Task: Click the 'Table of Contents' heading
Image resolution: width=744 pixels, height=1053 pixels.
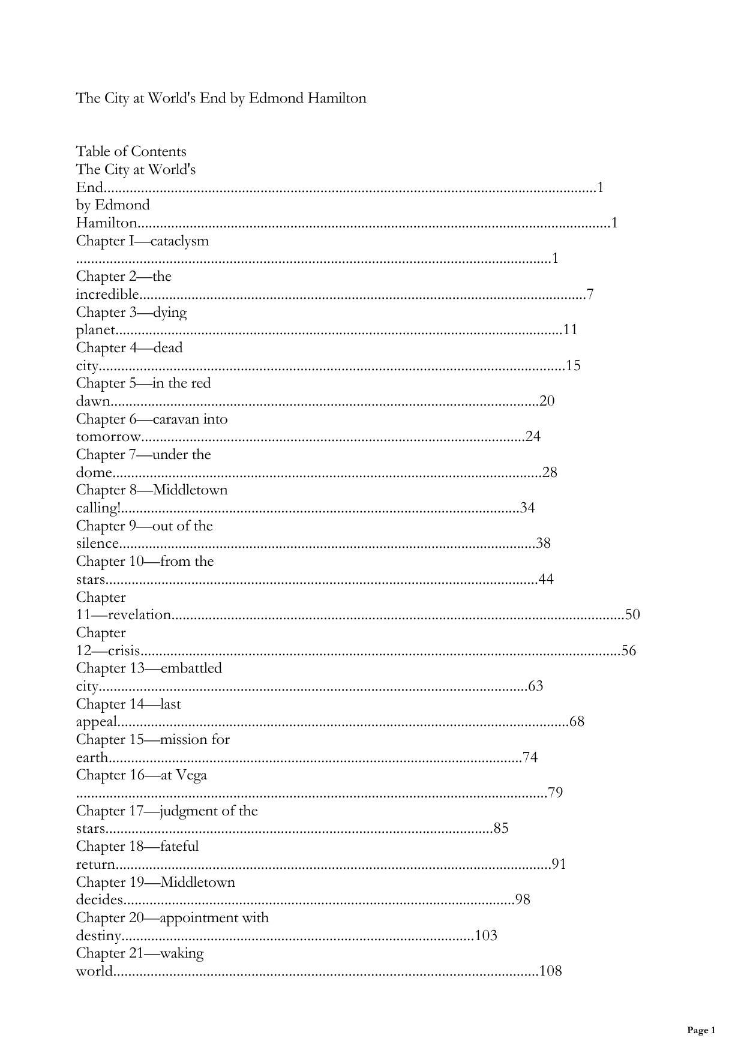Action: (x=131, y=151)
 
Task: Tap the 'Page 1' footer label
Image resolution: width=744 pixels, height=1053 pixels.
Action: (x=701, y=1030)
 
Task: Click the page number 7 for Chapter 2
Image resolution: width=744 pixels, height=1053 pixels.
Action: (x=590, y=294)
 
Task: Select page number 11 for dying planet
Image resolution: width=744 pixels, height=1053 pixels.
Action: (x=570, y=329)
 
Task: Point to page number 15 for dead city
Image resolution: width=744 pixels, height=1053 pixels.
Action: (x=573, y=365)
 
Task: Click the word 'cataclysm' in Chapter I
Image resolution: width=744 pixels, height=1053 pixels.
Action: (x=179, y=241)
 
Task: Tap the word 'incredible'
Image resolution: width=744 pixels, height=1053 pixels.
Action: (x=107, y=294)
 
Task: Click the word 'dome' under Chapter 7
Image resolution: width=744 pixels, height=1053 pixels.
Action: (x=94, y=472)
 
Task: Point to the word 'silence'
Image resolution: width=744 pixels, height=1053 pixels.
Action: (x=97, y=544)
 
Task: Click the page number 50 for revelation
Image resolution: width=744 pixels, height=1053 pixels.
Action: (x=632, y=614)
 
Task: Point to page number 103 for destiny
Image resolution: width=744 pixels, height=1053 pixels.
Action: (x=486, y=935)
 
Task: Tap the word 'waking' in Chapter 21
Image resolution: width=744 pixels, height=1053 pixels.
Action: (x=182, y=953)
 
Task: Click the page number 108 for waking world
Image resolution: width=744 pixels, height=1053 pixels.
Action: (x=550, y=971)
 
